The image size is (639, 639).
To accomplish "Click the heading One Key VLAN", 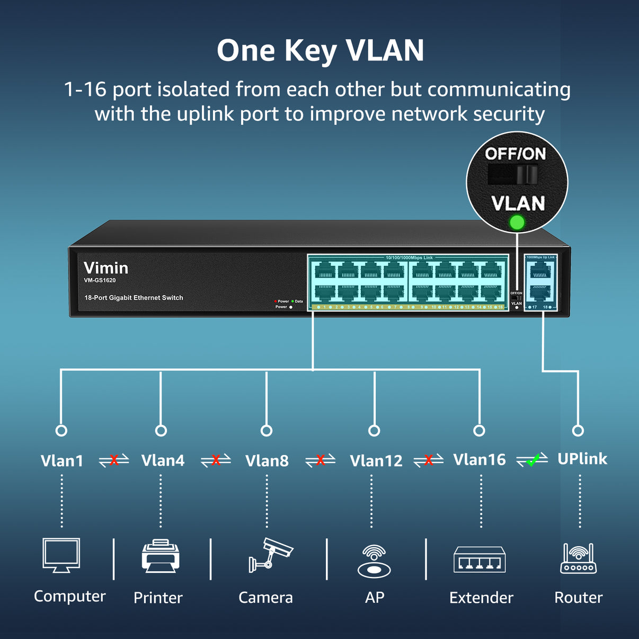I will click(x=320, y=51).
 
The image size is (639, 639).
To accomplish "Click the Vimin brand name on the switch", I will click(x=106, y=268).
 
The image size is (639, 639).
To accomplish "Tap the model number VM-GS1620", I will click(x=100, y=280).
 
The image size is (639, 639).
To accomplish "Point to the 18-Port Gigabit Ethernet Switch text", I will click(x=134, y=298).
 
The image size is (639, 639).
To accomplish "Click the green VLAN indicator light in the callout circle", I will click(x=517, y=223).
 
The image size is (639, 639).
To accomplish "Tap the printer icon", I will click(x=161, y=556).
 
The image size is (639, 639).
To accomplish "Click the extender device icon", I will click(x=480, y=560).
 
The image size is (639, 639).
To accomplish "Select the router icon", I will click(x=578, y=558).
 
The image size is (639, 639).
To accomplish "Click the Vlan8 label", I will click(x=267, y=461).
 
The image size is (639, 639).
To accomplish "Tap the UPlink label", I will click(x=582, y=459).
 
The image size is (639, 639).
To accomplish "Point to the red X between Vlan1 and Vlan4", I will click(x=114, y=460).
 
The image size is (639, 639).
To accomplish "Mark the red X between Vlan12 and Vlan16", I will click(x=429, y=460).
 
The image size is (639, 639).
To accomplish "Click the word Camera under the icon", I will click(x=265, y=598).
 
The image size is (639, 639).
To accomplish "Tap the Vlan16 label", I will click(x=480, y=460).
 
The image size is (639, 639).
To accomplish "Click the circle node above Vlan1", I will click(x=61, y=431).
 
